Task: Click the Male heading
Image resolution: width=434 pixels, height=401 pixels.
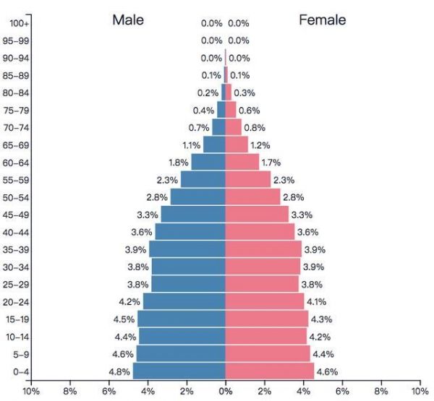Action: pos(128,20)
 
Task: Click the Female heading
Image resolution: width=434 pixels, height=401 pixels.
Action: pos(322,20)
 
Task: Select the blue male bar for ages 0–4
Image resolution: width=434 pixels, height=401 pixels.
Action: pos(179,371)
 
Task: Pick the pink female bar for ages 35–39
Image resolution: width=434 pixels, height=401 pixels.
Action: pos(263,249)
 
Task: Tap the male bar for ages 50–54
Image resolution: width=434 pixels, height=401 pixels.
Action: pos(198,197)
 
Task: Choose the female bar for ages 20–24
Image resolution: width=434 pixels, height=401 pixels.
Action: pos(265,301)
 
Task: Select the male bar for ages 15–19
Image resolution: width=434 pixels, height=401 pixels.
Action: pos(182,319)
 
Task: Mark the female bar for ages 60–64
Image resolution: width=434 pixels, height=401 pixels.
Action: pos(242,162)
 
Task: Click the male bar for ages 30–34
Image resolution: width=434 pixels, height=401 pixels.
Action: pos(189,266)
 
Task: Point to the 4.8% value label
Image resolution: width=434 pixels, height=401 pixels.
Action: pos(120,371)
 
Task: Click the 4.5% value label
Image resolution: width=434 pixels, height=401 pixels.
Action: pos(125,319)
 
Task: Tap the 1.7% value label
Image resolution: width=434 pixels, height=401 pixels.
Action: pos(271,163)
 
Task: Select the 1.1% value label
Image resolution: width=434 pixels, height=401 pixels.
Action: pos(191,145)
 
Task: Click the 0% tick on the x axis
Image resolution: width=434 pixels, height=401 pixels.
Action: pos(226,391)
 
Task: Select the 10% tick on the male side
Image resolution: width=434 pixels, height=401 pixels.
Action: pos(31,391)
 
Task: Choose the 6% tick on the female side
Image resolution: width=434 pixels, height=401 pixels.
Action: pos(342,391)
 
